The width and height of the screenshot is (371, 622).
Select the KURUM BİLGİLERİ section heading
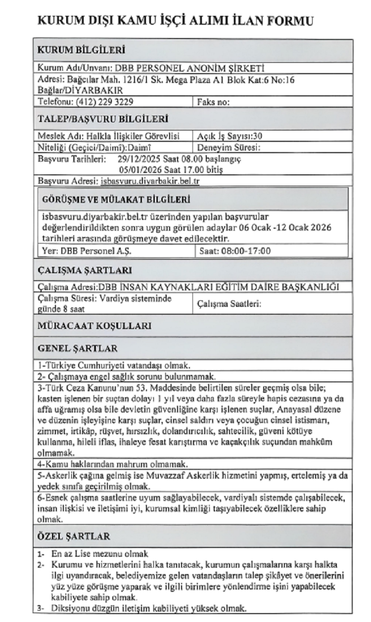tap(82, 49)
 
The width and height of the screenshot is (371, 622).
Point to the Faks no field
tap(214, 102)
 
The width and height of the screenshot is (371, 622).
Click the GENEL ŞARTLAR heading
tap(78, 349)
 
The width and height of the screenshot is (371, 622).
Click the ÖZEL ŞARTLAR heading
tap(74, 536)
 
